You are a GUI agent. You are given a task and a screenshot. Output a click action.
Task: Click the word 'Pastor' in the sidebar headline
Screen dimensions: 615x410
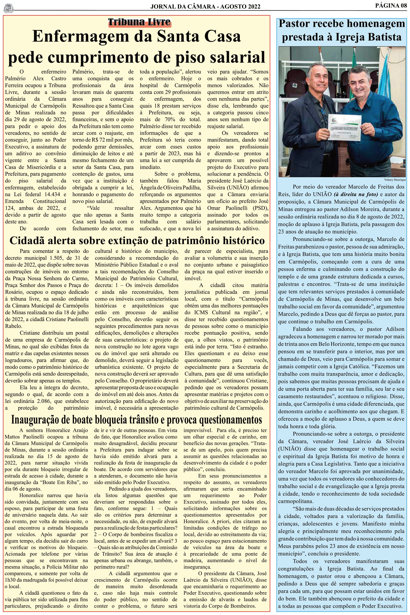[x=294, y=24]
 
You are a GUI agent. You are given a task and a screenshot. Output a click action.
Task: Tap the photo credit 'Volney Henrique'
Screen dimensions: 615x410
[x=395, y=180]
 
